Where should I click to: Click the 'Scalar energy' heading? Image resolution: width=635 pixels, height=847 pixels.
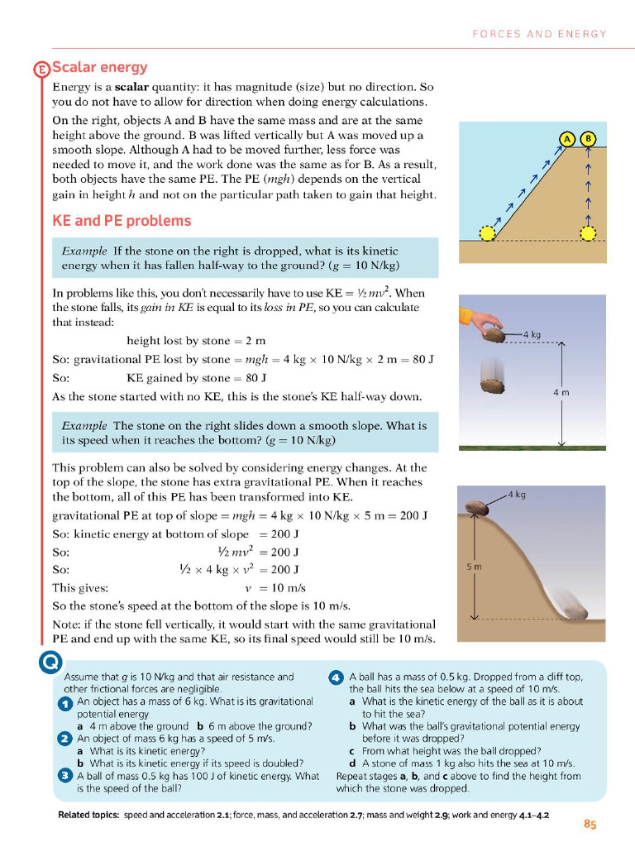(100, 67)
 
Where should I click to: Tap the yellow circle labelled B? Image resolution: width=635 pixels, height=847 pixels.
(589, 139)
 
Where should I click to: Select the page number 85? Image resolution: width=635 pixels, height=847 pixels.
(590, 824)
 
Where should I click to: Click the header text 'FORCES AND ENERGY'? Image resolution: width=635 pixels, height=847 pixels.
(539, 34)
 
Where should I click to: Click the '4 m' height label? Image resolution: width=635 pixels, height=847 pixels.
(560, 392)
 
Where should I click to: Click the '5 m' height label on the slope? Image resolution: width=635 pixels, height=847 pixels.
(473, 567)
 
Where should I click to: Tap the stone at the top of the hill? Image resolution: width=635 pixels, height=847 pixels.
(478, 507)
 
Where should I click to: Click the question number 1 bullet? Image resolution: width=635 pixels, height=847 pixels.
(65, 703)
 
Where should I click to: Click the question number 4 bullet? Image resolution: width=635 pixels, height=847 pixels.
(337, 677)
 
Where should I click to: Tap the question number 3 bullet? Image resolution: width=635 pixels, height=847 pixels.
(65, 776)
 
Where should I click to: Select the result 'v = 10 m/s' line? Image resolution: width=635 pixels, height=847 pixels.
(276, 588)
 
